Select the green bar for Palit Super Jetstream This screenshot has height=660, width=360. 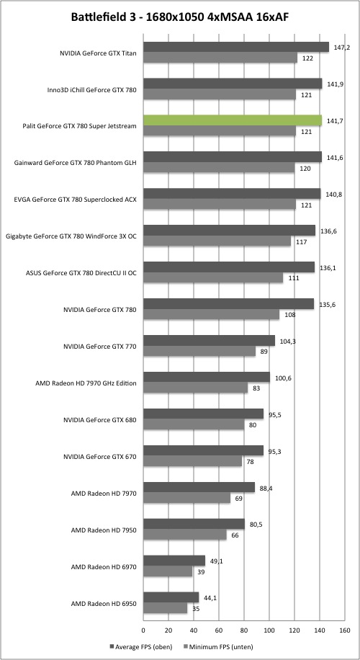233,120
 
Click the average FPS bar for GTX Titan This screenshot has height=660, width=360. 236,47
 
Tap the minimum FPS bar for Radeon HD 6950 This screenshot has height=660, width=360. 166,608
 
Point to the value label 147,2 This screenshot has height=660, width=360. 338,47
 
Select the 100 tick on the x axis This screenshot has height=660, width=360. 269,631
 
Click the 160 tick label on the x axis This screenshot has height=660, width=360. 344,631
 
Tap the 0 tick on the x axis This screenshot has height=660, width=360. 143,631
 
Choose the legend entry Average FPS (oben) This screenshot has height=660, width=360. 139,646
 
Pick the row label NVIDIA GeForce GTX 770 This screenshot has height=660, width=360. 100,346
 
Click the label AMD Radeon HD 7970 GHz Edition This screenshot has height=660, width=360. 87,383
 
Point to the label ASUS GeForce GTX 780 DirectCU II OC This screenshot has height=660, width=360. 81,273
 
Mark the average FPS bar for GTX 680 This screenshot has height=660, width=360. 204,414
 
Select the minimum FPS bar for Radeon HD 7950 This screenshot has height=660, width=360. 185,535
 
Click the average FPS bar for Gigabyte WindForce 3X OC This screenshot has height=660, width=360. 229,231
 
